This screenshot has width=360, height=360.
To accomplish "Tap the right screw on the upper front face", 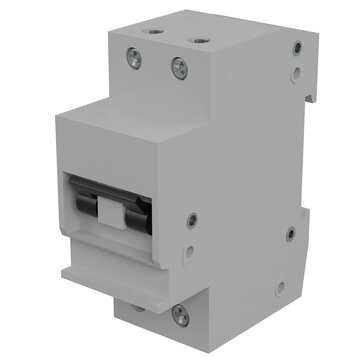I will (x=179, y=68).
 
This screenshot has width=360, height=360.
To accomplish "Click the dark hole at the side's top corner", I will (x=295, y=50).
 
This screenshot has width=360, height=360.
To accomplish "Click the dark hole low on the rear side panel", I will (x=291, y=235).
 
